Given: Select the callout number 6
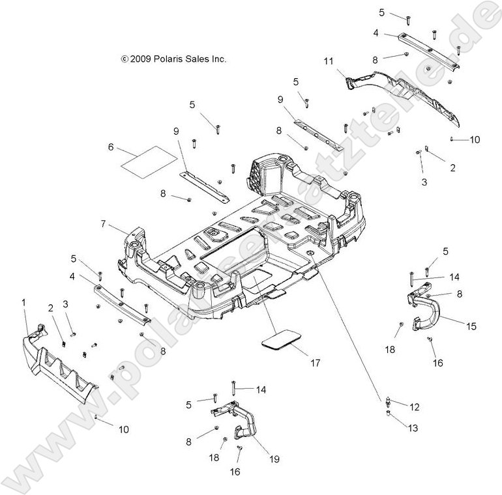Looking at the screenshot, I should (x=111, y=148).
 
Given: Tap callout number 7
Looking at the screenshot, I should (x=104, y=223).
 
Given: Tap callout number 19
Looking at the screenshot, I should (x=274, y=459).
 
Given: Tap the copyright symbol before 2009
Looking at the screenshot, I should (x=125, y=59).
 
